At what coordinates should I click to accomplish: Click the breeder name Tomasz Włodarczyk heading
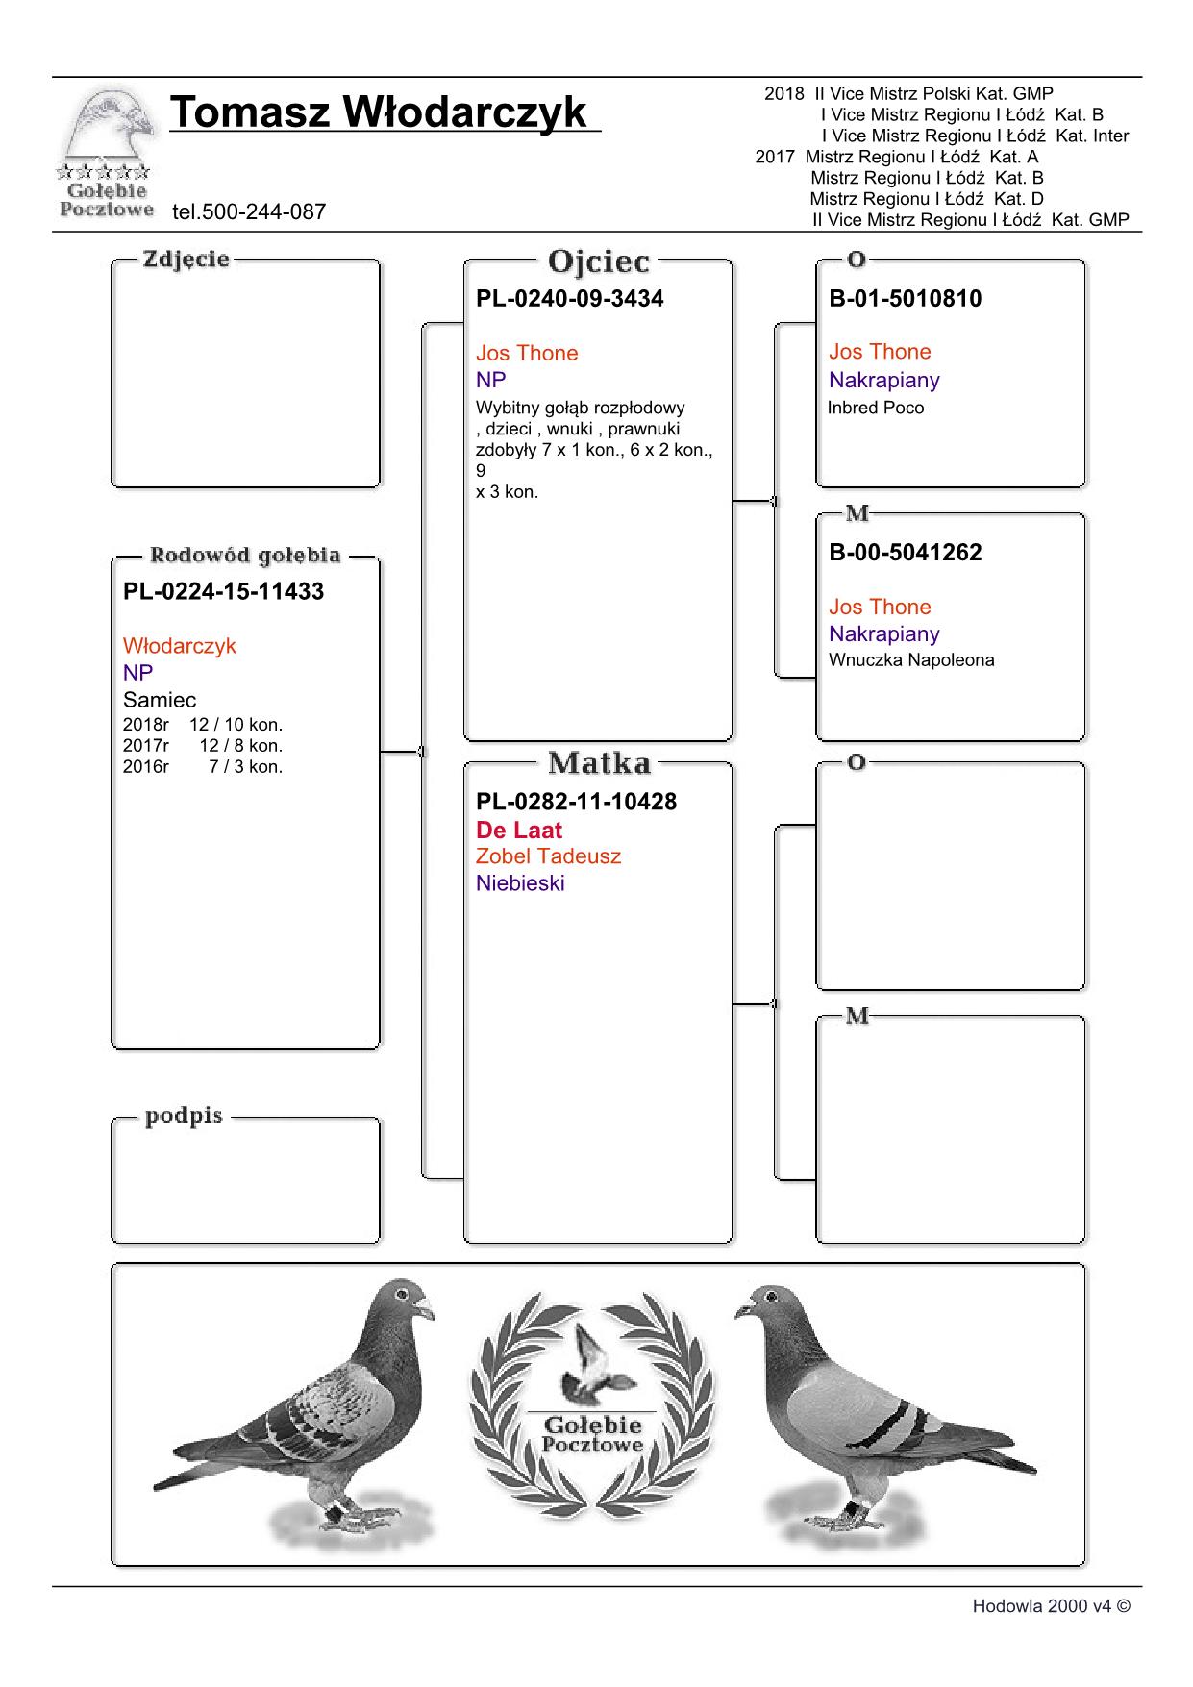(379, 112)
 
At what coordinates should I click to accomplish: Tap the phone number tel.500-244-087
(249, 211)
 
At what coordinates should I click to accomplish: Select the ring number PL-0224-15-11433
(223, 591)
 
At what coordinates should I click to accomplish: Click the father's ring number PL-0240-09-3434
(569, 298)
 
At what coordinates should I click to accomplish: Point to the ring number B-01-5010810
(905, 298)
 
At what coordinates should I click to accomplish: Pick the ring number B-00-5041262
(905, 552)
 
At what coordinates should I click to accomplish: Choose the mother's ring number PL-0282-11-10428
(576, 802)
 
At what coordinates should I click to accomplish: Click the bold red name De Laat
(518, 830)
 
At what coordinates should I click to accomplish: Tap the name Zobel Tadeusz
(548, 856)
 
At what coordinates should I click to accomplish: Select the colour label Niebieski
(520, 883)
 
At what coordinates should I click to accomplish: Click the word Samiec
(160, 700)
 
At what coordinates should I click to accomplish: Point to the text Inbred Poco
(876, 408)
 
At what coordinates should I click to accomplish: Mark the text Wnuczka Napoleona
(911, 660)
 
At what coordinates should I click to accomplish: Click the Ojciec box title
(598, 261)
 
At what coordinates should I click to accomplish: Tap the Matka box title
(598, 764)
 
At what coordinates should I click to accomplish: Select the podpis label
(184, 1116)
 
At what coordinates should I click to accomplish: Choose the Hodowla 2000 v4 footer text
(1051, 1606)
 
